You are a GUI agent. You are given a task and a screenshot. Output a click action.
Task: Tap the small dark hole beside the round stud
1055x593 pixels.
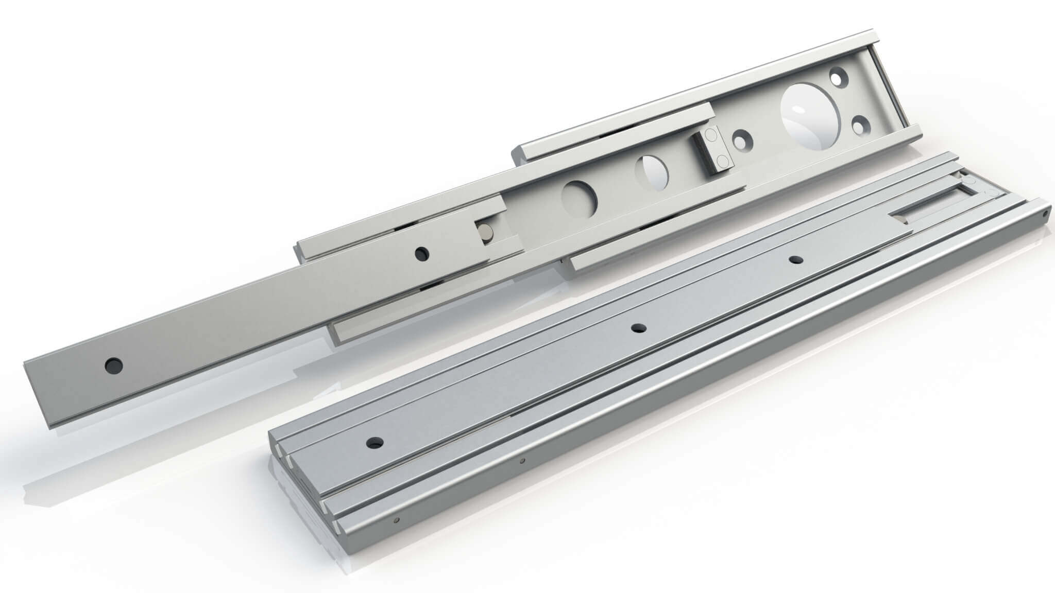click(422, 253)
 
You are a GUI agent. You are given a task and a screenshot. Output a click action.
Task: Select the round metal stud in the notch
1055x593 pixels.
click(486, 233)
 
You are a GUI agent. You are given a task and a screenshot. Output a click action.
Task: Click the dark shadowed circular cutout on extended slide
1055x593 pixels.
click(578, 198)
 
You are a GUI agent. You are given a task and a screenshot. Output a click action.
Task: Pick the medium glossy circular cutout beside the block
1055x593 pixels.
click(651, 173)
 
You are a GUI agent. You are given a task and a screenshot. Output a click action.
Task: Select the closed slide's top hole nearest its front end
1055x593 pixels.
click(375, 442)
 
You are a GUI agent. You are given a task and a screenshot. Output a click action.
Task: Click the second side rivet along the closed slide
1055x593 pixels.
click(522, 461)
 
